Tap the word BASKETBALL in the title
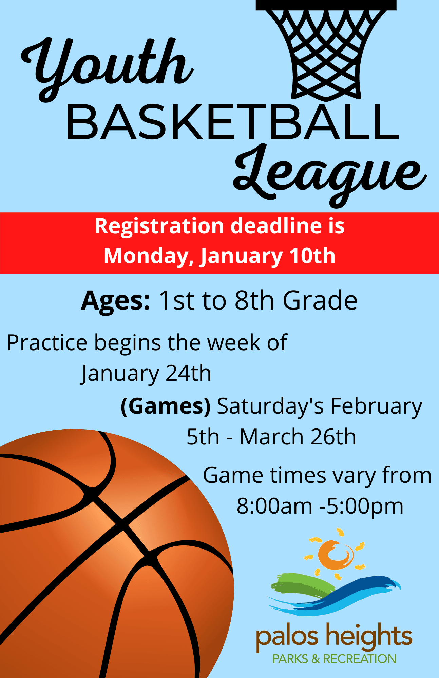(232, 123)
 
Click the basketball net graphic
(326, 51)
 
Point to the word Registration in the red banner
(159, 226)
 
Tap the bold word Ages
(115, 301)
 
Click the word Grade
(320, 300)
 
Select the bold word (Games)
(166, 406)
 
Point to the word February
(376, 406)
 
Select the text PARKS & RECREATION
(334, 659)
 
